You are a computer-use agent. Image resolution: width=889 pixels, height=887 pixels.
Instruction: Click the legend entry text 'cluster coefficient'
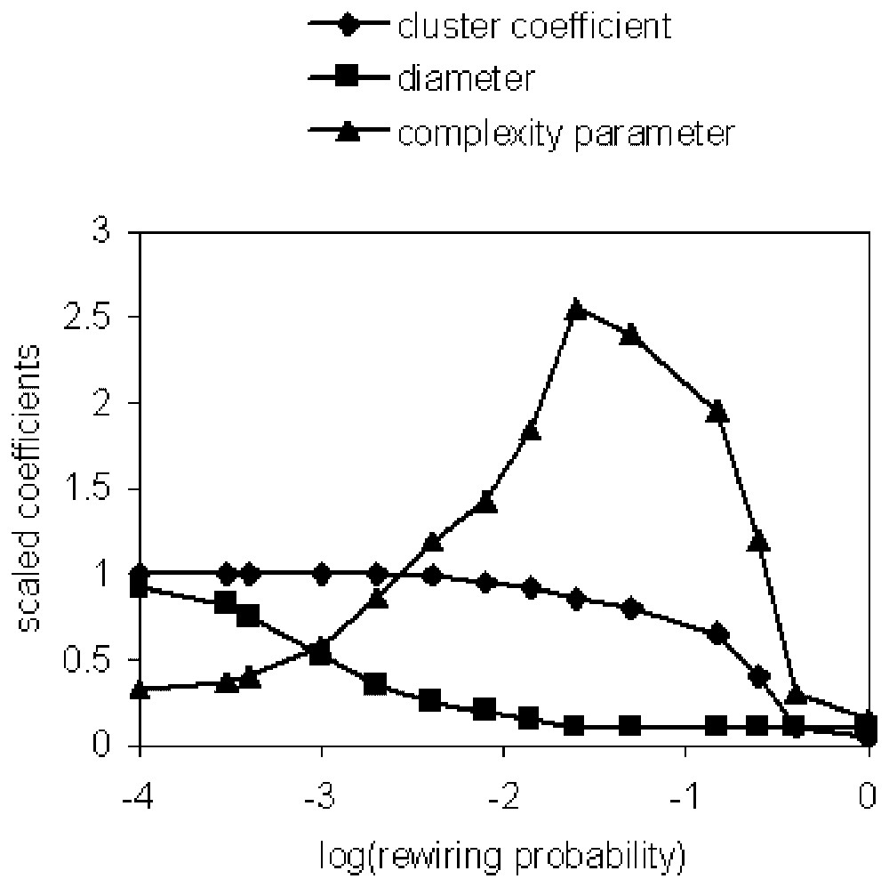point(533,26)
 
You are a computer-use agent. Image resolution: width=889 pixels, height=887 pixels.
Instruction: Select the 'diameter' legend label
point(466,79)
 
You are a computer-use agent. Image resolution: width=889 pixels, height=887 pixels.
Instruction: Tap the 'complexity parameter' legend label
point(566,133)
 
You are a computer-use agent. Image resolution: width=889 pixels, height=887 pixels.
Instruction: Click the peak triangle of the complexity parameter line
point(576,309)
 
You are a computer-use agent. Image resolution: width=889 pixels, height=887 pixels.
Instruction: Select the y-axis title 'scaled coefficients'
point(32,488)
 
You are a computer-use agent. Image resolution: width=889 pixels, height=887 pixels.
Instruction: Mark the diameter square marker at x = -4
point(140,587)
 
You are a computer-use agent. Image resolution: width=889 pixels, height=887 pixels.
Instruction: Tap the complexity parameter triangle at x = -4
point(140,689)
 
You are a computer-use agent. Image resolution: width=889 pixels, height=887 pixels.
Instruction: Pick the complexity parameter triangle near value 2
point(718,412)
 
